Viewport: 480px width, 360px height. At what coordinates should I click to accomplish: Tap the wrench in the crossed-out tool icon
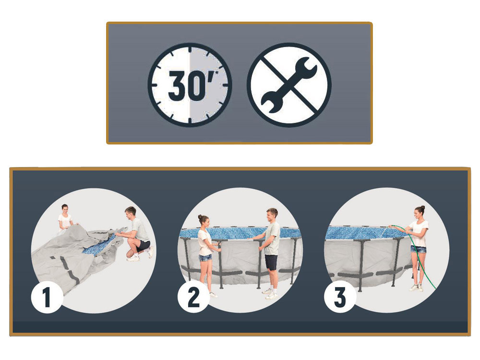click(x=289, y=85)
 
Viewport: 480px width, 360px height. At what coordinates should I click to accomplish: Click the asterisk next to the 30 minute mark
click(x=217, y=73)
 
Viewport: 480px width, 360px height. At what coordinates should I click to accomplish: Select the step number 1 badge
click(x=47, y=297)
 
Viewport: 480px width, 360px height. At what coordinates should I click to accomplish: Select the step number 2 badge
click(x=193, y=297)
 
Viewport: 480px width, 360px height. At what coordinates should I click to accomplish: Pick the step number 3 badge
click(x=340, y=297)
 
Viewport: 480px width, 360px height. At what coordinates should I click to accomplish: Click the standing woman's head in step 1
click(x=65, y=209)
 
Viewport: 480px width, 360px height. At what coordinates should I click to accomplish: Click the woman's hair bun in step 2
click(x=200, y=216)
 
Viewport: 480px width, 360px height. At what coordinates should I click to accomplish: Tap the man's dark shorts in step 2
click(x=271, y=262)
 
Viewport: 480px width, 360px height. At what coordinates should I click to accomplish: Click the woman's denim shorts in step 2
click(x=205, y=258)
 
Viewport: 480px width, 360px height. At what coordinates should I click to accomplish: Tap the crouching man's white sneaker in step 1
click(x=133, y=258)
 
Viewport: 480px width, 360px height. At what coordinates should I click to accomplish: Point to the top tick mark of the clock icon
click(x=190, y=48)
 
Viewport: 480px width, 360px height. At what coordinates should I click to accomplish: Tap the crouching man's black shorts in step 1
click(x=143, y=246)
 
